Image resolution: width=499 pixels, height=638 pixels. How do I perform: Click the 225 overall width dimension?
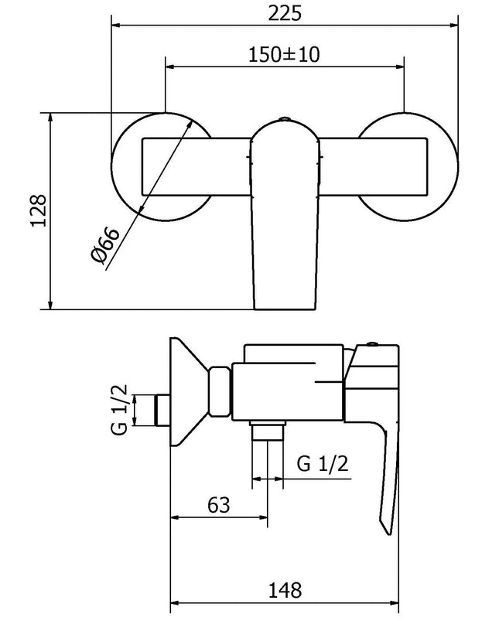click(285, 13)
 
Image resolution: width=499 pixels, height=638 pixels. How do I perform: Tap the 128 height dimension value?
click(39, 210)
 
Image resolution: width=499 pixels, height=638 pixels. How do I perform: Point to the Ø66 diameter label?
click(106, 245)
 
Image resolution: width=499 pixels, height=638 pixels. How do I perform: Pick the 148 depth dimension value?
click(285, 589)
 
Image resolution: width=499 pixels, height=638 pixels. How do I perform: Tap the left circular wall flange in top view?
click(128, 167)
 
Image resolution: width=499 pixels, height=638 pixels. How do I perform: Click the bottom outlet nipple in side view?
click(268, 430)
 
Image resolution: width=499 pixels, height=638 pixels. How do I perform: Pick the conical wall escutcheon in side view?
click(186, 394)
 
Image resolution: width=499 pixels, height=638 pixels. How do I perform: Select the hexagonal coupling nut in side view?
click(220, 394)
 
